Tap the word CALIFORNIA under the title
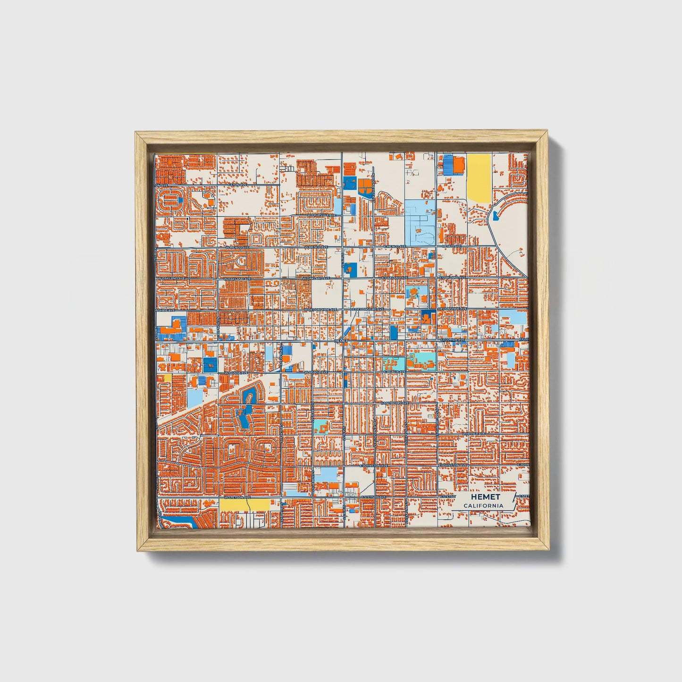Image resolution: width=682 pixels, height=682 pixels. (x=483, y=506)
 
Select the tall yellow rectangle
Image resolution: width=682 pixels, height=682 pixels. (x=478, y=178)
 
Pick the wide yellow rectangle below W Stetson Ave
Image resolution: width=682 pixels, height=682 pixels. (x=244, y=505)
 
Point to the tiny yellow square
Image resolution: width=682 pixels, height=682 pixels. (x=168, y=378)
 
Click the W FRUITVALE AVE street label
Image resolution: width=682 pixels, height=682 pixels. (x=321, y=215)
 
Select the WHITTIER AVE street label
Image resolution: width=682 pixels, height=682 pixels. (x=473, y=433)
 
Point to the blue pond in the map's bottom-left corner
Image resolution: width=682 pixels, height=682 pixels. (x=177, y=522)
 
